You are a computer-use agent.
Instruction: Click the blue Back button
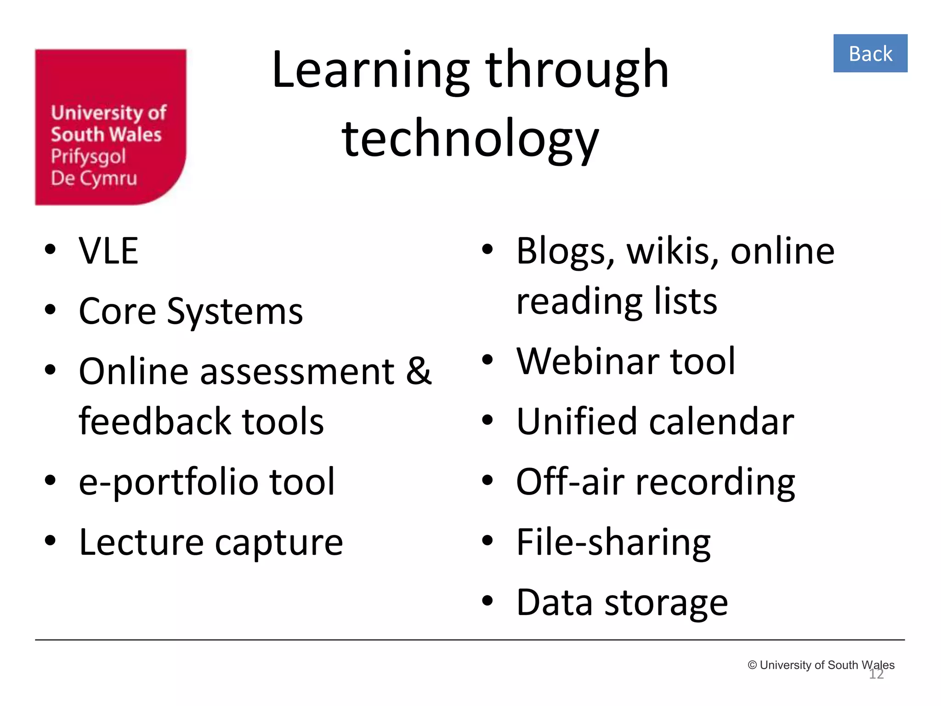pyautogui.click(x=870, y=53)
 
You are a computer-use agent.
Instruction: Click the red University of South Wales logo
pyautogui.click(x=111, y=127)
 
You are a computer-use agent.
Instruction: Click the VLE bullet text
pyautogui.click(x=108, y=251)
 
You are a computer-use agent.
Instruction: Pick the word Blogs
pyautogui.click(x=565, y=252)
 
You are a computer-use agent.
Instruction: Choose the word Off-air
pyautogui.click(x=570, y=482)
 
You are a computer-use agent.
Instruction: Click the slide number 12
pyautogui.click(x=876, y=674)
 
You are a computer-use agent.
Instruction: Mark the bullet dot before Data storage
pyautogui.click(x=487, y=601)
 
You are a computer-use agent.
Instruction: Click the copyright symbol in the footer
pyautogui.click(x=752, y=665)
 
